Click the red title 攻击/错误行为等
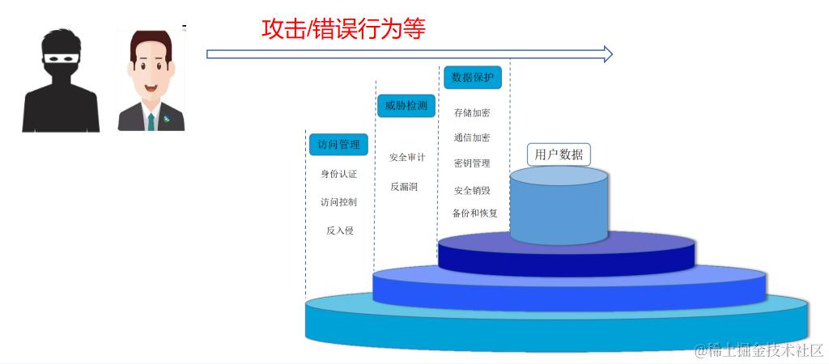(x=343, y=29)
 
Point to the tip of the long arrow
(x=611, y=54)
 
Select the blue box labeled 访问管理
(x=338, y=144)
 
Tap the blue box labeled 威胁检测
(x=406, y=106)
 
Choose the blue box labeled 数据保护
(x=472, y=78)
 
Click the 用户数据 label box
(x=559, y=154)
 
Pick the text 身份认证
(x=338, y=174)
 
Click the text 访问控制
(x=338, y=202)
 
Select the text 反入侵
(x=339, y=231)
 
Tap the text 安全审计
(x=407, y=158)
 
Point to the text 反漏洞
(x=404, y=187)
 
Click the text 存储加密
(x=472, y=113)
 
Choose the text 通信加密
(x=472, y=138)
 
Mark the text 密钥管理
(x=472, y=163)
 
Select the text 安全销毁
(x=472, y=191)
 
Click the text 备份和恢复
(x=475, y=214)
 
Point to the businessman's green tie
(x=151, y=121)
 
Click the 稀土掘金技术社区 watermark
(x=758, y=350)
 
